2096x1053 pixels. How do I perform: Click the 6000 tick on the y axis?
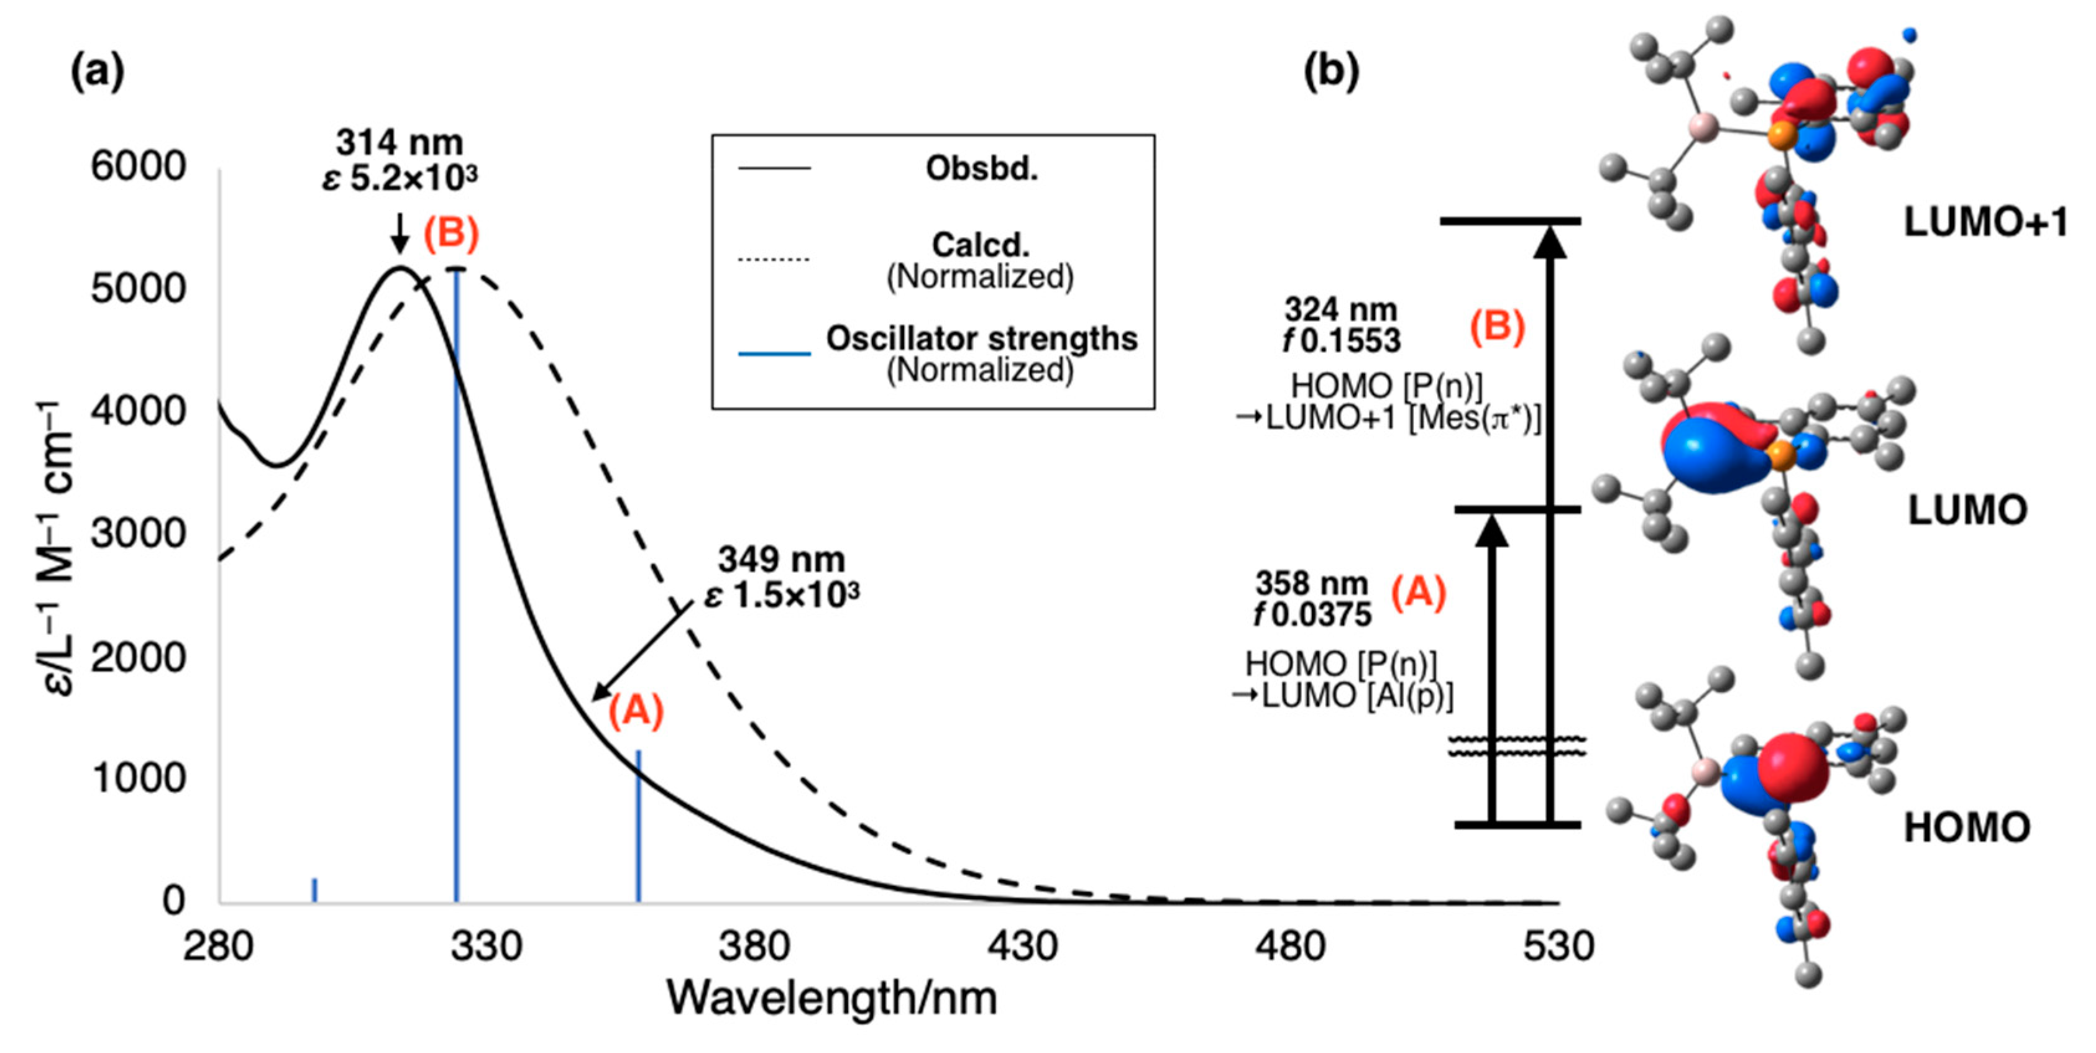coord(139,167)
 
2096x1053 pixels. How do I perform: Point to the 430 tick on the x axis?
coord(1022,946)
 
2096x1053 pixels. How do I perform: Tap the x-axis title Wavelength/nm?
coord(831,998)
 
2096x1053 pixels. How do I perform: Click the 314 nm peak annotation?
coord(400,144)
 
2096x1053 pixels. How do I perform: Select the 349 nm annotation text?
coord(781,560)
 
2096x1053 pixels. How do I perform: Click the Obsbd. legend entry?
coord(981,168)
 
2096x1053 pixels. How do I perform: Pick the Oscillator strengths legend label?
coord(981,339)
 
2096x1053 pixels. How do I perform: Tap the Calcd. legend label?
coord(981,244)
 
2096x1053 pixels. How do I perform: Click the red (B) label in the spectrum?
coord(451,233)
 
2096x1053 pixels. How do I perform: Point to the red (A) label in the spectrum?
coord(636,711)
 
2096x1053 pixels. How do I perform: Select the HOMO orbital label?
coord(1967,827)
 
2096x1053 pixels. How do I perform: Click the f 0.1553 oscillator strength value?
coord(1342,341)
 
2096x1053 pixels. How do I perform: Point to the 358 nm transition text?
coord(1312,583)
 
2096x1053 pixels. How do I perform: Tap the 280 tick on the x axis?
coord(218,946)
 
